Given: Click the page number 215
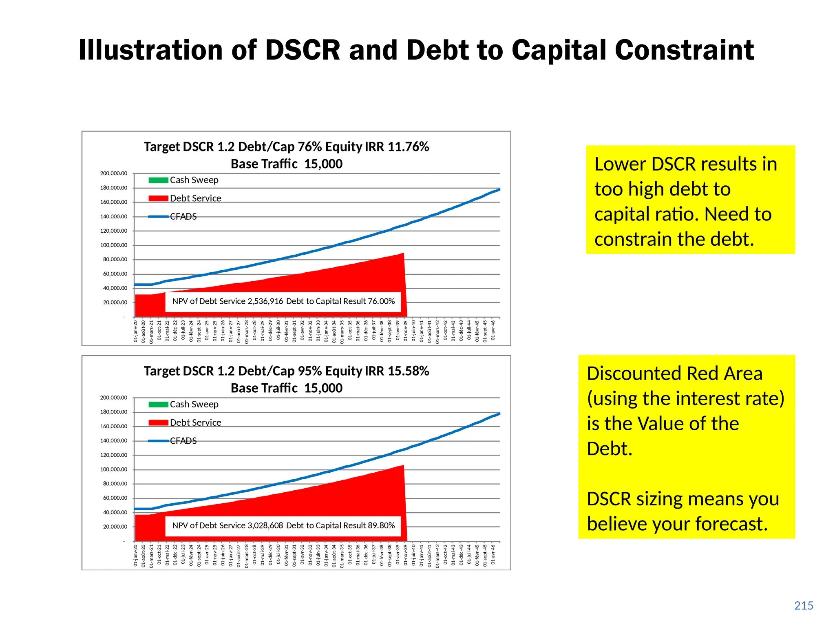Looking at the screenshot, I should point(803,606).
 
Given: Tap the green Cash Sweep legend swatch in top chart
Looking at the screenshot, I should point(158,180).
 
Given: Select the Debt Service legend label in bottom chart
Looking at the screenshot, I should point(195,422).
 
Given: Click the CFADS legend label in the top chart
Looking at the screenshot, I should point(183,216).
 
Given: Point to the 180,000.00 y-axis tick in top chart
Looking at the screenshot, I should point(114,188).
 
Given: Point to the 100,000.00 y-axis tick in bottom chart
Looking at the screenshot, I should point(114,469).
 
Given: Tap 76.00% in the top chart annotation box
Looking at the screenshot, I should point(381,301).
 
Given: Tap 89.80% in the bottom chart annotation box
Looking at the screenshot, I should point(381,525).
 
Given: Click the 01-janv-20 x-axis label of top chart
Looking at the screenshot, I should point(136,331).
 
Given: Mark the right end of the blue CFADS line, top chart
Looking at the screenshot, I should point(499,189).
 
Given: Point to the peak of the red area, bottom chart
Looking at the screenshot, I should point(403,465).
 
